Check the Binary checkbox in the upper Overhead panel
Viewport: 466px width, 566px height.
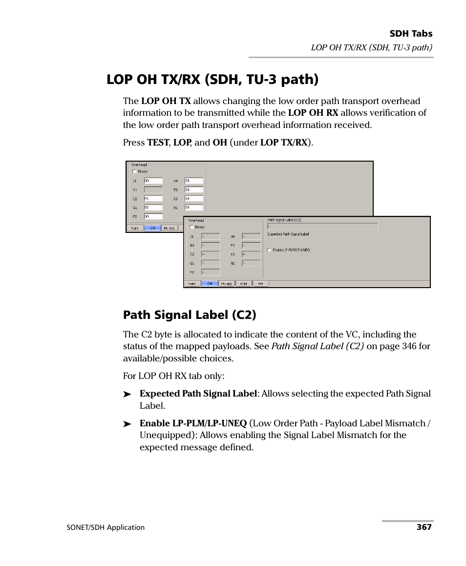(135, 171)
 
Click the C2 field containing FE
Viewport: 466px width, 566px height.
(153, 199)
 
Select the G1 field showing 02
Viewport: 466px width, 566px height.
(153, 208)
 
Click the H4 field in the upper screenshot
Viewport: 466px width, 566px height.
(193, 181)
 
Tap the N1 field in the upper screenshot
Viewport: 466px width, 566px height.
(193, 208)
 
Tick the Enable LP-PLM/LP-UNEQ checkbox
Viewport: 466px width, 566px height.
(270, 250)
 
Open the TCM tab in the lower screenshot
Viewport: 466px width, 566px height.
(243, 284)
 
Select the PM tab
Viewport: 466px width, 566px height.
(260, 284)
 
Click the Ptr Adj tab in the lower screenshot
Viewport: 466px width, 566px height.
(226, 284)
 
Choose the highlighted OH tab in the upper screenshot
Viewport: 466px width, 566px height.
(152, 228)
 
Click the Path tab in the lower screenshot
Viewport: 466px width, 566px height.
(192, 284)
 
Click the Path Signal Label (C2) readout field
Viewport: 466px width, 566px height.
(322, 226)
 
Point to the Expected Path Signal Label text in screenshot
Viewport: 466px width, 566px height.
(288, 234)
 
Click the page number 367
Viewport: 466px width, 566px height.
(424, 527)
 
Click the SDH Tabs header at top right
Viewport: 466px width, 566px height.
(411, 34)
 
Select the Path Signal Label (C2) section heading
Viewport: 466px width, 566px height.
(190, 315)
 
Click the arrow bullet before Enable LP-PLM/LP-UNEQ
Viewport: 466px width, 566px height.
(127, 424)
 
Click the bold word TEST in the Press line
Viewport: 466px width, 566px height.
(158, 143)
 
